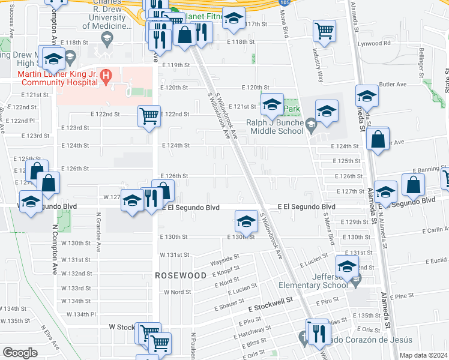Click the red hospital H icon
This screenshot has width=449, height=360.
[106, 76]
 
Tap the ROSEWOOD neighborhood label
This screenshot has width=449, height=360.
[181, 275]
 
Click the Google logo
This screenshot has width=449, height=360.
[19, 353]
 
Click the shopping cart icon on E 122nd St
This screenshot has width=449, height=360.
[148, 115]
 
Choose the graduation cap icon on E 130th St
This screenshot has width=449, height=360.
[246, 222]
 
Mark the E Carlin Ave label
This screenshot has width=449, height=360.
[430, 229]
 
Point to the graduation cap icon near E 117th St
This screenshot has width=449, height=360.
[234, 18]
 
